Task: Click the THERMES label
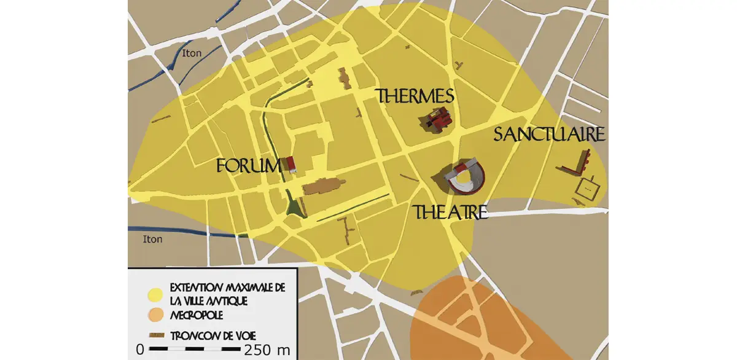point(415,96)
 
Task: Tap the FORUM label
point(248,166)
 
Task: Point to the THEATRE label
point(451,213)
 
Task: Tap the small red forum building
point(291,163)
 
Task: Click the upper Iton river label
point(192,53)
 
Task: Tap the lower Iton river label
point(152,239)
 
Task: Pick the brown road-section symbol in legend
point(158,335)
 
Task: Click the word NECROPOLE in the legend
point(197,315)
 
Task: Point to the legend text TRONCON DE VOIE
point(213,335)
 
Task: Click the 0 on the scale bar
point(140,350)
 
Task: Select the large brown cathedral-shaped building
point(322,186)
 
